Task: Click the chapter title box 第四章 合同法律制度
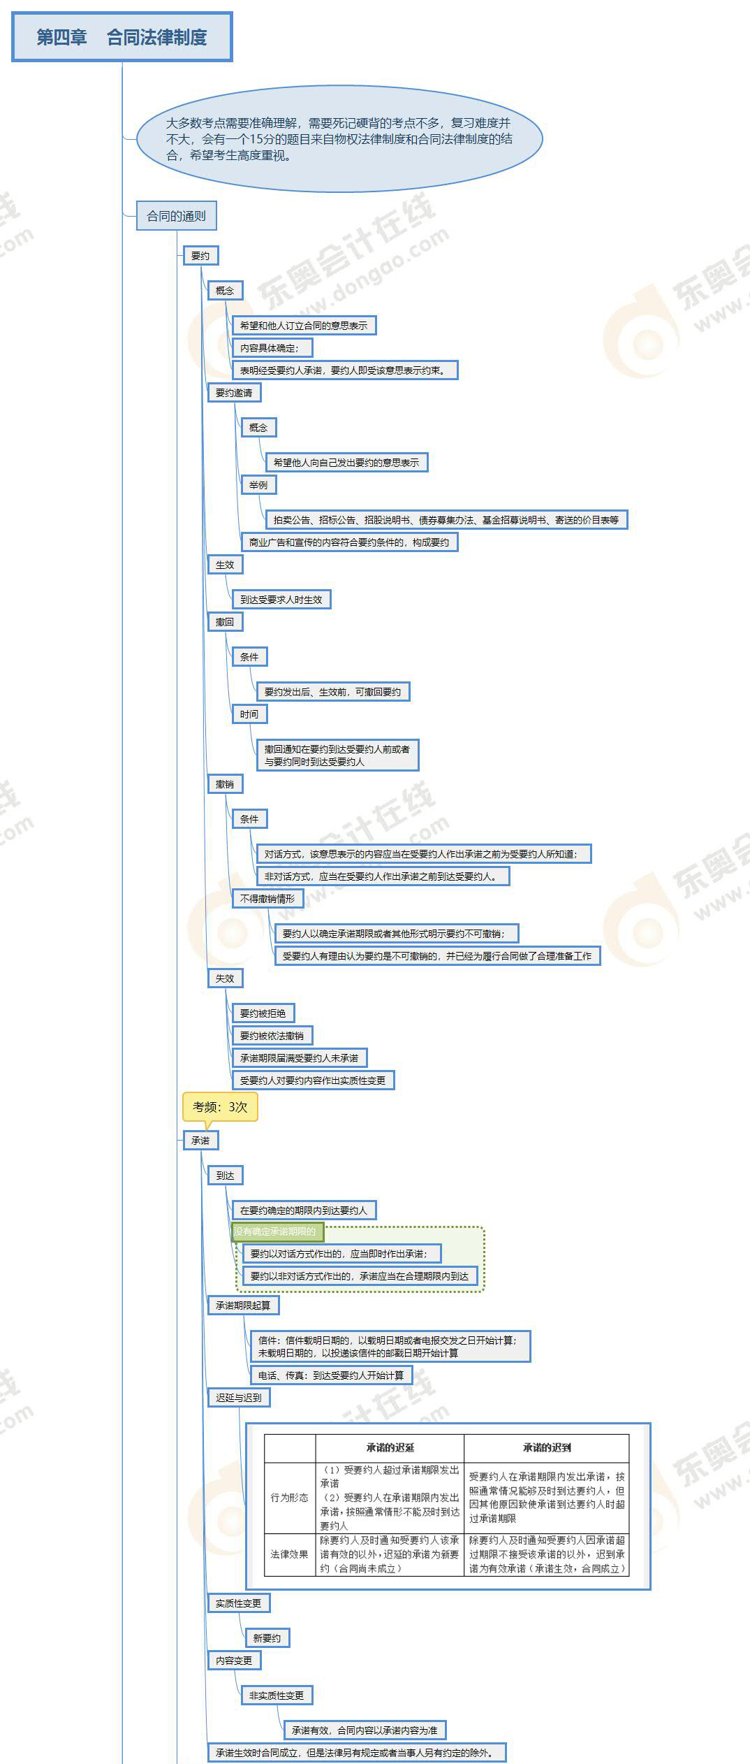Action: click(x=122, y=37)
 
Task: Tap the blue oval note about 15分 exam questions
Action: click(x=339, y=139)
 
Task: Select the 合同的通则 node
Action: click(x=176, y=216)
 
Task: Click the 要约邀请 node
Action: click(x=234, y=393)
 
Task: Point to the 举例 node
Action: click(x=258, y=485)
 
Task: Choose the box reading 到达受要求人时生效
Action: click(x=281, y=600)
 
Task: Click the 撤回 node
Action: click(x=225, y=622)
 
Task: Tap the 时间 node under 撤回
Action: click(x=249, y=714)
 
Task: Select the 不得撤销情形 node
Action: click(x=267, y=899)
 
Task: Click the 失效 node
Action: click(x=225, y=978)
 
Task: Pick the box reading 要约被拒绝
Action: click(x=263, y=1013)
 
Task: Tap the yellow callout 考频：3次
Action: click(x=220, y=1107)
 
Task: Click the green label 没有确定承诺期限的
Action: click(x=276, y=1231)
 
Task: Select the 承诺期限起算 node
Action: click(x=242, y=1306)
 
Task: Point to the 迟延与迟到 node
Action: click(x=238, y=1398)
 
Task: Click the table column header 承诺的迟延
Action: click(x=390, y=1447)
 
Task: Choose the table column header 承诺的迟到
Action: click(x=546, y=1447)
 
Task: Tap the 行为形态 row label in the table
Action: click(x=289, y=1498)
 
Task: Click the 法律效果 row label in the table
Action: click(x=289, y=1554)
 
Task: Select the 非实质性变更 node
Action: click(x=277, y=1696)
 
